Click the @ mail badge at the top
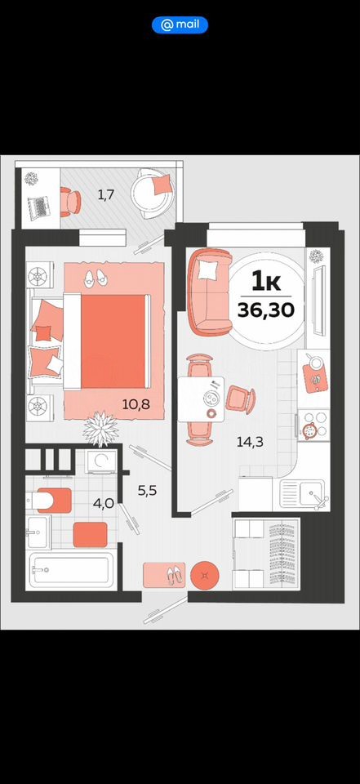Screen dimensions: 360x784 pos(180,24)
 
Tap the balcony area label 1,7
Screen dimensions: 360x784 pos(106,195)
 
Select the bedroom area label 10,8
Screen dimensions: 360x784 pos(136,403)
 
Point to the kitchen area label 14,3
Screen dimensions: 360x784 pos(250,441)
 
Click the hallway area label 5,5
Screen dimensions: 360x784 pos(148,491)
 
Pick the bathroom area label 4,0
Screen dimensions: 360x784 pos(103,503)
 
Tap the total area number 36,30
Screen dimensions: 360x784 pos(266,310)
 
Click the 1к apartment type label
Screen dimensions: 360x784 pos(266,283)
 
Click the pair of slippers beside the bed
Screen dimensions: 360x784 pos(95,278)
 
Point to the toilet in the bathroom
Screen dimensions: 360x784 pos(48,501)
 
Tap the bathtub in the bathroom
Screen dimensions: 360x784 pos(70,569)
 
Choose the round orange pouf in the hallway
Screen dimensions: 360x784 pos(205,574)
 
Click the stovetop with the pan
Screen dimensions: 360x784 pos(313,425)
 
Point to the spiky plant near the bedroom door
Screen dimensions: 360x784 pos(101,428)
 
